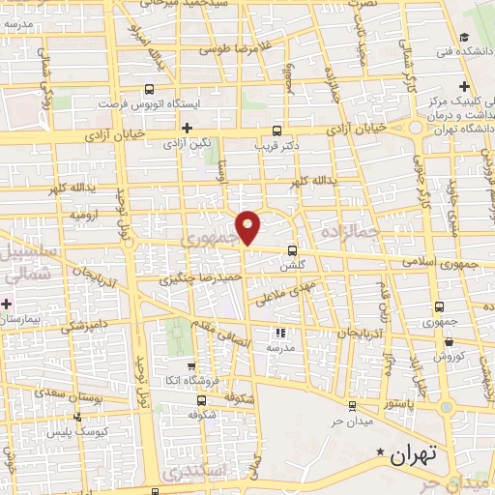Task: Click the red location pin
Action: (248, 226)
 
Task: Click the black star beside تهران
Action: (382, 452)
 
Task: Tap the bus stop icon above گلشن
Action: (292, 249)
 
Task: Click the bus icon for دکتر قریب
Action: (277, 130)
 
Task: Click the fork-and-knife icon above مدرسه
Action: (281, 332)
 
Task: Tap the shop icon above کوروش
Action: (448, 341)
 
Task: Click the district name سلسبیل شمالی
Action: (28, 261)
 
